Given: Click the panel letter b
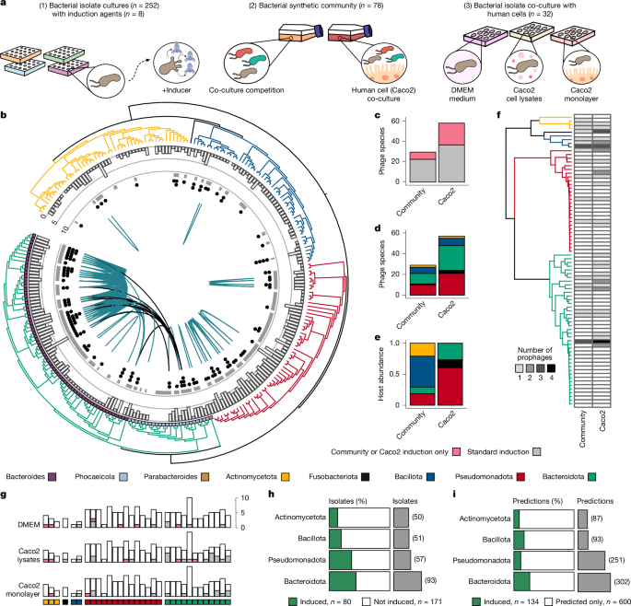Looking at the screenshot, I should (6, 116).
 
